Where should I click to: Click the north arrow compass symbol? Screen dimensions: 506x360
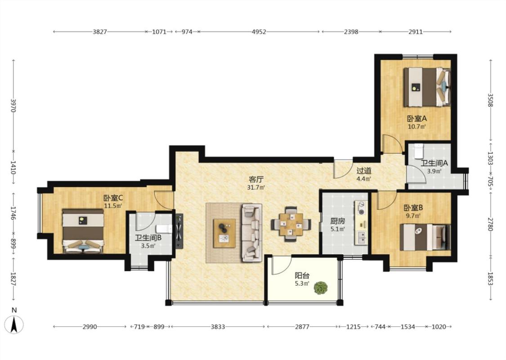[x=14, y=324]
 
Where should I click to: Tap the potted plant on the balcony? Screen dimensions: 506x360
[x=321, y=288]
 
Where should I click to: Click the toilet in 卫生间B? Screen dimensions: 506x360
[x=164, y=229]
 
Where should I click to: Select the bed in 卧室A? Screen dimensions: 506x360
[x=427, y=87]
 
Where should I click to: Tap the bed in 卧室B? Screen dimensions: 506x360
[x=425, y=237]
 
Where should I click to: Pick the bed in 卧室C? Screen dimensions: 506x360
[x=83, y=231]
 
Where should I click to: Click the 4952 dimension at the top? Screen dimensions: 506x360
[x=259, y=31]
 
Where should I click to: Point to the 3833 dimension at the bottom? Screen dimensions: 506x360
[x=218, y=327]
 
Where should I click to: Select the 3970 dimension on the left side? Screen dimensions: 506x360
[x=13, y=105]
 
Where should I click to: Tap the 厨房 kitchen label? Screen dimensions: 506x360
[x=337, y=221]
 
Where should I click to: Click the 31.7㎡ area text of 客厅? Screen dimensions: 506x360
[x=256, y=187]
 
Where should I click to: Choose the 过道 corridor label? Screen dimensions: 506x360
[x=364, y=171]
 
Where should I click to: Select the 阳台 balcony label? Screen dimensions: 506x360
[x=302, y=276]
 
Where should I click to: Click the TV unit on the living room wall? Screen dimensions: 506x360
[x=179, y=231]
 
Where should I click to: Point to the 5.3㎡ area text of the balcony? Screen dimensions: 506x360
[x=302, y=284]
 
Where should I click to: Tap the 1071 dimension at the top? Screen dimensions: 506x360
[x=159, y=31]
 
